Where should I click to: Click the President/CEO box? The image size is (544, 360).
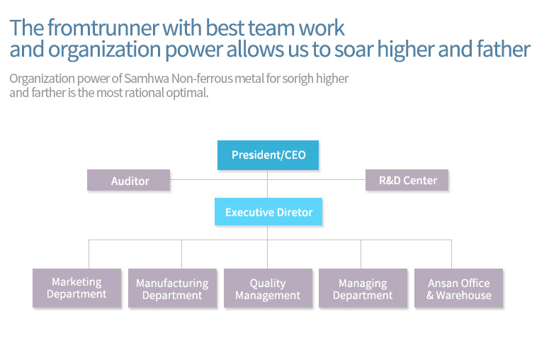tap(268, 154)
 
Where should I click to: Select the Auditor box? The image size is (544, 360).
tap(128, 180)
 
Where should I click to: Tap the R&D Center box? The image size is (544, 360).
tap(407, 180)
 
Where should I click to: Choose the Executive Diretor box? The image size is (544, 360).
tap(268, 211)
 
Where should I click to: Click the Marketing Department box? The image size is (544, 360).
tap(76, 288)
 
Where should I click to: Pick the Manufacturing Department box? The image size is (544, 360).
tap(172, 288)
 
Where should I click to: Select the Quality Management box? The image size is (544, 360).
tap(268, 288)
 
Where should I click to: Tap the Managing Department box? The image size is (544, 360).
tap(363, 288)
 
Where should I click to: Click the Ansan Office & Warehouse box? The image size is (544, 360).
tap(458, 288)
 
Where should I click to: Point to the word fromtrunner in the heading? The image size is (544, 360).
tap(103, 28)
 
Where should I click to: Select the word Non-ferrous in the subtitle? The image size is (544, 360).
tap(202, 79)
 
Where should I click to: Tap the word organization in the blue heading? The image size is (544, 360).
tap(104, 50)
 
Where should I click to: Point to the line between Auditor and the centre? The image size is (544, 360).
tap(219, 180)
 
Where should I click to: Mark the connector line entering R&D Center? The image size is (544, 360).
tap(317, 180)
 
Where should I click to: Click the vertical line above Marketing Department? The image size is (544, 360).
tap(89, 254)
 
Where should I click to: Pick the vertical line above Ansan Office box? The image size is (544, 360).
tap(451, 254)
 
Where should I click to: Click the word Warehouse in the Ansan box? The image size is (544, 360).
tap(463, 296)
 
